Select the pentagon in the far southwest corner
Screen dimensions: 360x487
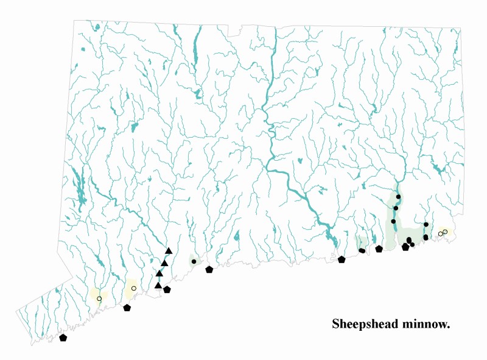click(x=63, y=337)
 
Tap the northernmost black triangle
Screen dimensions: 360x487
click(x=169, y=251)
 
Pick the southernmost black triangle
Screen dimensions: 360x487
click(x=158, y=285)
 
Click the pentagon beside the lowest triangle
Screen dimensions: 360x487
click(x=167, y=290)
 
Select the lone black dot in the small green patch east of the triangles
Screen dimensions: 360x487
click(x=194, y=261)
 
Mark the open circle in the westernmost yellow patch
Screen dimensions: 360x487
click(x=99, y=298)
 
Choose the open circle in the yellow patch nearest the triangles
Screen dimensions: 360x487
click(x=133, y=288)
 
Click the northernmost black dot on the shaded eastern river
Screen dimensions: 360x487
click(x=398, y=197)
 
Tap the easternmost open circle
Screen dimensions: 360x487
click(x=445, y=232)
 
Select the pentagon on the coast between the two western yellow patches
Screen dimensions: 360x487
click(x=127, y=308)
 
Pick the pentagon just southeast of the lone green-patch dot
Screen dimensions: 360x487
click(x=209, y=269)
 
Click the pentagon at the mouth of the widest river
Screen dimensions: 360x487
click(x=342, y=259)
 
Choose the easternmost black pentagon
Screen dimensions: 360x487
click(x=405, y=247)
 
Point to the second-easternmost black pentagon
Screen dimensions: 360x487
click(x=379, y=249)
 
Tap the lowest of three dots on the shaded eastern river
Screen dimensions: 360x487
click(x=393, y=221)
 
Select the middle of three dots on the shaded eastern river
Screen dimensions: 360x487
click(x=396, y=208)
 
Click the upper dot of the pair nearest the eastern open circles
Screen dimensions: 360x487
click(x=426, y=225)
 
